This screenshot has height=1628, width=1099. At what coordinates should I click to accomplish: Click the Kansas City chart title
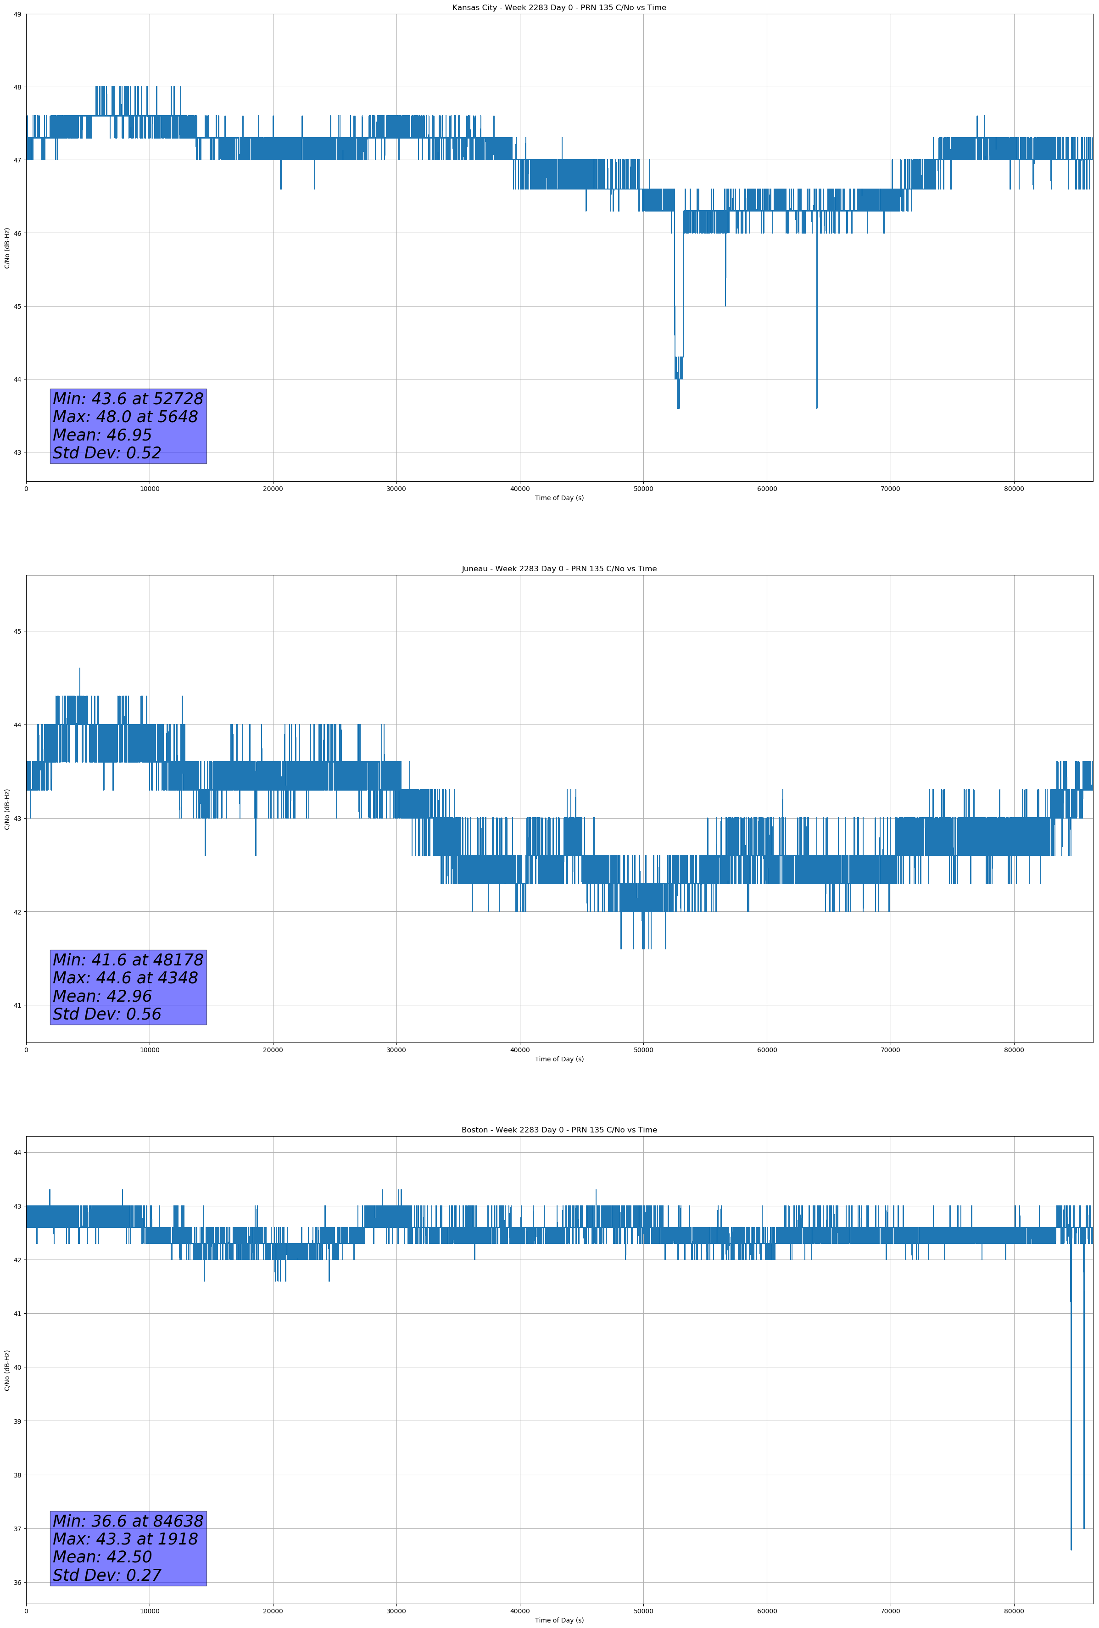559,8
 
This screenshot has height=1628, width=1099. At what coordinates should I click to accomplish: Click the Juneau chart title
559,569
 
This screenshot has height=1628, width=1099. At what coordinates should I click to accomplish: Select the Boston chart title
559,1130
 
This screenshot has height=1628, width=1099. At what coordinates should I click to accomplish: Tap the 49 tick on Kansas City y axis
17,14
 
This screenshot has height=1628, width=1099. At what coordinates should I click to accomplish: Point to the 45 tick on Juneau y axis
17,631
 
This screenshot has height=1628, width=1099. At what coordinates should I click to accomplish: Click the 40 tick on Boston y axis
17,1367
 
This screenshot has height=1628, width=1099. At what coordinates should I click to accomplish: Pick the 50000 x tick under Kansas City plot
643,489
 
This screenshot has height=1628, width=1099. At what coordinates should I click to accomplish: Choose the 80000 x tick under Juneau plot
1014,1050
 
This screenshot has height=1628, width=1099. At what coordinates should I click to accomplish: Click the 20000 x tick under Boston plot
273,1611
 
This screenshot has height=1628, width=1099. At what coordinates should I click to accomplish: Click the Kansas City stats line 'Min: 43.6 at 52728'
128,399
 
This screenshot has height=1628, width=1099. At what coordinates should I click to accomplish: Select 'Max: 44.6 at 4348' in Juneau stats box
125,978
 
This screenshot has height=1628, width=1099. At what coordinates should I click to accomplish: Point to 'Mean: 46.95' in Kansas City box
102,435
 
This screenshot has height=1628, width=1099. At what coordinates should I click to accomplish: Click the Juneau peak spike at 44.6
80,669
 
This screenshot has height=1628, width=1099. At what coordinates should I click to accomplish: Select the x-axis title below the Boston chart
559,1620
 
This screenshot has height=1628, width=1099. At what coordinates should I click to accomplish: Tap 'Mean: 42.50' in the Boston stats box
102,1557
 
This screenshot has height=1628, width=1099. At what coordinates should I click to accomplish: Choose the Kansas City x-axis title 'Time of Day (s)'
559,498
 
